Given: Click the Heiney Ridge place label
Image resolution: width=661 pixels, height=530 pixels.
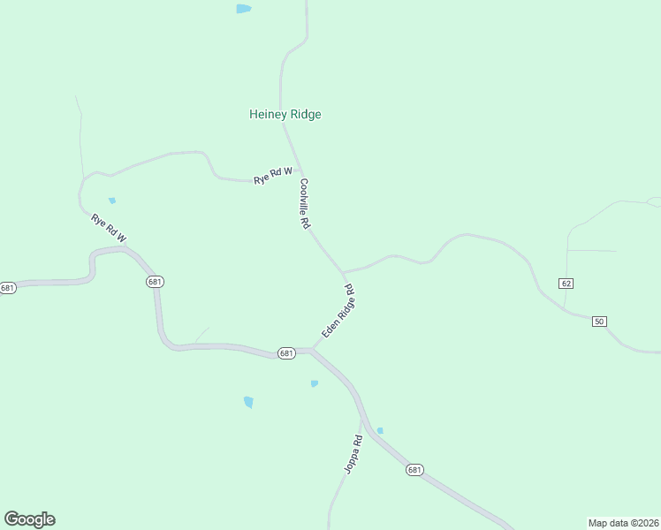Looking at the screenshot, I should point(285,114).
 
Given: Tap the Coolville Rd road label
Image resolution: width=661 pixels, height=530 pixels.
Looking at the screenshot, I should point(304,205).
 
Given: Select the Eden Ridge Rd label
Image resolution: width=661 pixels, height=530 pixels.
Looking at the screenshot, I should point(338,310).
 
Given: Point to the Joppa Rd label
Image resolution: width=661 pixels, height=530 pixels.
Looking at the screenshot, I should point(353,454).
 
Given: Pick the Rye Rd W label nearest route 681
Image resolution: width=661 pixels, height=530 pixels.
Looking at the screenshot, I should point(109,228).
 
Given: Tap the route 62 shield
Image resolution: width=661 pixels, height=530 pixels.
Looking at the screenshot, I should point(566,283).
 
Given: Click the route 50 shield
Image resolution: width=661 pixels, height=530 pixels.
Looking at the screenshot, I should point(599,321).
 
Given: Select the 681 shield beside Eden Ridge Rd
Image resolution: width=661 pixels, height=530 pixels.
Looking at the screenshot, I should point(285,352).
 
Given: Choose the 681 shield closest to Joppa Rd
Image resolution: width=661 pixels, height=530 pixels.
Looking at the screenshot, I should point(414,470).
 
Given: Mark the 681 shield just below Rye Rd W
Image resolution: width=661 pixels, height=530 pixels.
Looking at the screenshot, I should point(155,281).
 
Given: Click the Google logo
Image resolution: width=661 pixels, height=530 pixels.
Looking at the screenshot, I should point(29,519).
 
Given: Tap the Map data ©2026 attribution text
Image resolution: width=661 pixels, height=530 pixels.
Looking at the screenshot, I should point(623,523).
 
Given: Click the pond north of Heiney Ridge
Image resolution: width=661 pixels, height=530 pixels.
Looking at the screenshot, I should point(243,9).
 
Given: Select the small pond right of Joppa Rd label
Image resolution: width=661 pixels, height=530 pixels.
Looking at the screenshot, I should point(380,430).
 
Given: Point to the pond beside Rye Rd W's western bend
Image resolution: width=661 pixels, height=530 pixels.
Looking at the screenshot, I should point(112,201).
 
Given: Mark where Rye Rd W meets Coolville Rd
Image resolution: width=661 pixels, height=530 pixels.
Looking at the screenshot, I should point(299,170).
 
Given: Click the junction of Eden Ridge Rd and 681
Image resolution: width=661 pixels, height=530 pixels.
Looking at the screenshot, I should point(312,350).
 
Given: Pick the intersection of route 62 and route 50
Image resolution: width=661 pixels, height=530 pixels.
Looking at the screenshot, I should point(565,312).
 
